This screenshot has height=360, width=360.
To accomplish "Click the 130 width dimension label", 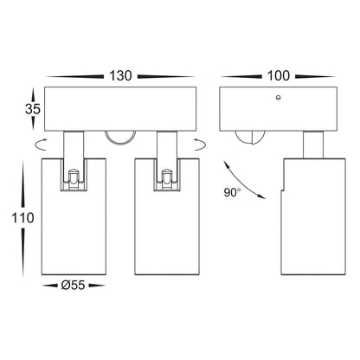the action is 120,76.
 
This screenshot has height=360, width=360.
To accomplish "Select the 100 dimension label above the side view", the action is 279,76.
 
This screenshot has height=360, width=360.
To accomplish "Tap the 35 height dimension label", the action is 33,109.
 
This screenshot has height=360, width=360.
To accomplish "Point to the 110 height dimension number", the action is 22,218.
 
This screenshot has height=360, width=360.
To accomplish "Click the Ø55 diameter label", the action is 73,286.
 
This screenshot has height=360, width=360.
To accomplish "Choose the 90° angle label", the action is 232,192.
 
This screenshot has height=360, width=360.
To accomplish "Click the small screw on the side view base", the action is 278,98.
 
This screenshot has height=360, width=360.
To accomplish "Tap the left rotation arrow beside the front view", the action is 41,145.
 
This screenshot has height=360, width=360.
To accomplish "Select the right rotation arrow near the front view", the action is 201,145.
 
